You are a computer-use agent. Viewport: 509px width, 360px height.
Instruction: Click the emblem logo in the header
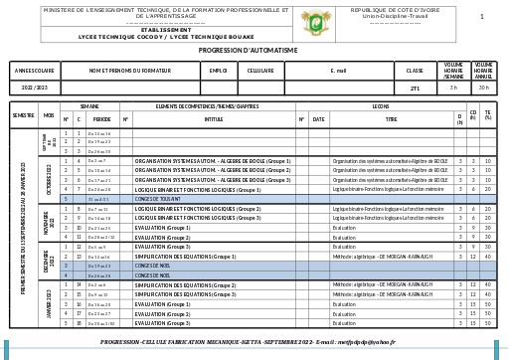coord(315,20)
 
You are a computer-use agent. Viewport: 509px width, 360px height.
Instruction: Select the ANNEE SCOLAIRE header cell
coord(35,71)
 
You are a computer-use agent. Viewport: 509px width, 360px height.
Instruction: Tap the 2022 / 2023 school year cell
coord(35,88)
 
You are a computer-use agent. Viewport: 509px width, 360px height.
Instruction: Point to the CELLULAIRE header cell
coord(260,71)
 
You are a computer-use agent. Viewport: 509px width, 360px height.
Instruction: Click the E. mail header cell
coord(339,71)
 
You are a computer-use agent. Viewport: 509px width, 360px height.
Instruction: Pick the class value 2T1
coord(415,88)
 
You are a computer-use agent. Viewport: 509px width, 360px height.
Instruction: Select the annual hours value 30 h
coord(483,88)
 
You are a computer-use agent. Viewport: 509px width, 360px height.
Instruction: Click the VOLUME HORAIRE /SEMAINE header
coord(453,71)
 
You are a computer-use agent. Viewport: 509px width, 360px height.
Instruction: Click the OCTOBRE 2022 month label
coord(49,179)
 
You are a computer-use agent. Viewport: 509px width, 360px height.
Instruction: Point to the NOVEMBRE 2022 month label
coord(49,223)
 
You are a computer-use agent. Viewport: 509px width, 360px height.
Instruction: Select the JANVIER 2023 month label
coord(49,303)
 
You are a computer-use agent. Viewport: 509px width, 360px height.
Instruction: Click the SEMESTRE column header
coord(23,115)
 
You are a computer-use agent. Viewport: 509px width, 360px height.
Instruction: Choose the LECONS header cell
coord(380,105)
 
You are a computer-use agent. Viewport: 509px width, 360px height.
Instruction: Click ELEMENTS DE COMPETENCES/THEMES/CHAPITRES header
coord(207,105)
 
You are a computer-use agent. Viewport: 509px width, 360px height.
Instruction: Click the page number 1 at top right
coord(482,17)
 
